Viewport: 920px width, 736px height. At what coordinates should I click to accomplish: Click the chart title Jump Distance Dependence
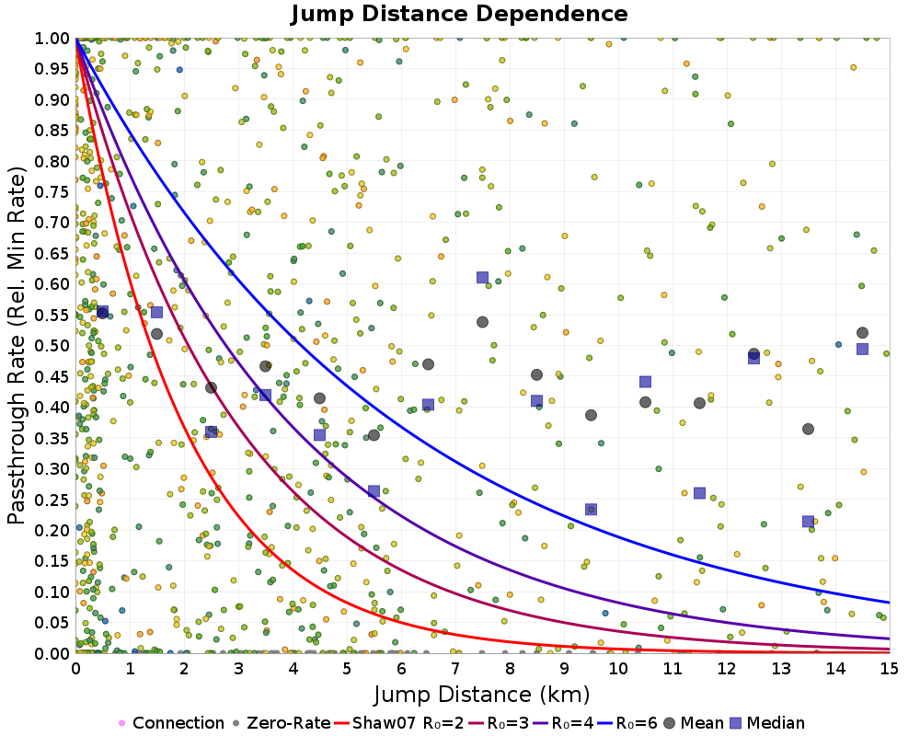459,15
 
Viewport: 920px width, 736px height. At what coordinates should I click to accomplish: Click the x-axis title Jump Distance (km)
482,693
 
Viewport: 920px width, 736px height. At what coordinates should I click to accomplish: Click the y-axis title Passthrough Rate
17,345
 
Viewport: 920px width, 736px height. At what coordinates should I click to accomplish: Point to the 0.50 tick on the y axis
53,345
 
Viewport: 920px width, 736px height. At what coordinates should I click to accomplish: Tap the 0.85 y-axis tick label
53,130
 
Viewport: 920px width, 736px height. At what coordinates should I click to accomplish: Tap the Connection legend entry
171,723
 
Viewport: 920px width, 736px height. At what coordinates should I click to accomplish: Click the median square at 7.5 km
482,277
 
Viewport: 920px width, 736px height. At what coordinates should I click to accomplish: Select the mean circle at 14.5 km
862,333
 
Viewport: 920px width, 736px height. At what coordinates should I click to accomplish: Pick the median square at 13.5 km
808,522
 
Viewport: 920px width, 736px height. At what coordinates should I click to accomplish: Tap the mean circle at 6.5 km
428,364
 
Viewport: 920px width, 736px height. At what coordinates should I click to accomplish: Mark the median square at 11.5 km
699,493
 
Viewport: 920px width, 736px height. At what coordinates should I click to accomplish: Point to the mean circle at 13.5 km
808,429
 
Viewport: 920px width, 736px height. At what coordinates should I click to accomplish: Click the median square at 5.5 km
374,491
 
